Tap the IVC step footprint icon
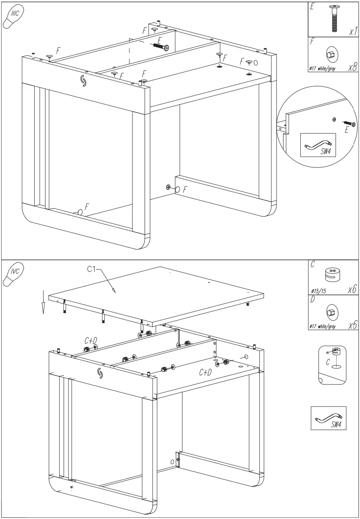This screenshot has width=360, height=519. click(14, 275)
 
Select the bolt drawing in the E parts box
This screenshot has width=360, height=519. click(334, 19)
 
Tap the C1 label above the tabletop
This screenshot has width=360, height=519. click(92, 270)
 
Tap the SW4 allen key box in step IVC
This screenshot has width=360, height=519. click(329, 418)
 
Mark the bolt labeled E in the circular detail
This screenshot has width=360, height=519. click(349, 124)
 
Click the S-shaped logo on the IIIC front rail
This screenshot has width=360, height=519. click(83, 80)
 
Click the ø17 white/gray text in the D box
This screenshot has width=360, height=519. click(322, 327)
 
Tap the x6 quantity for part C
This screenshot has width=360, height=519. click(352, 290)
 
